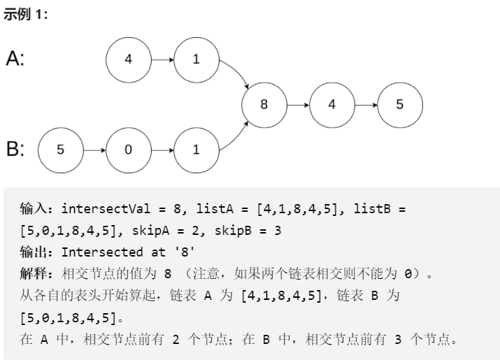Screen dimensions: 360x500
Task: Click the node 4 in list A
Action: (x=128, y=59)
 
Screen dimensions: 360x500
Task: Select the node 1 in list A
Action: (x=196, y=59)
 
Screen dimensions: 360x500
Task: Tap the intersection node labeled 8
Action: (x=264, y=104)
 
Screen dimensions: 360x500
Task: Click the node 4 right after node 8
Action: (x=331, y=104)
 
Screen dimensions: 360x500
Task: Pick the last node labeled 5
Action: (x=399, y=104)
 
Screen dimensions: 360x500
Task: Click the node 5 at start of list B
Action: (x=60, y=149)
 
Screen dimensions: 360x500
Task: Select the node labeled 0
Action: (x=128, y=149)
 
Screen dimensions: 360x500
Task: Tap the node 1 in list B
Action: (x=196, y=149)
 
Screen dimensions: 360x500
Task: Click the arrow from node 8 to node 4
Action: (x=297, y=104)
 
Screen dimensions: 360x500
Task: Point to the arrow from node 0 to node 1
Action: (x=162, y=149)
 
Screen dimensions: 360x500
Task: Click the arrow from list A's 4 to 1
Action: (x=162, y=59)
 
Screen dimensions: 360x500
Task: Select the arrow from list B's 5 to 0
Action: (x=94, y=149)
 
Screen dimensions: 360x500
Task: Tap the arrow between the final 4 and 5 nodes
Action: (x=365, y=104)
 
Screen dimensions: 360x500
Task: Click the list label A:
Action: (x=15, y=59)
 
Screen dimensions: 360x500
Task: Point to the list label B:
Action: (x=15, y=149)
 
